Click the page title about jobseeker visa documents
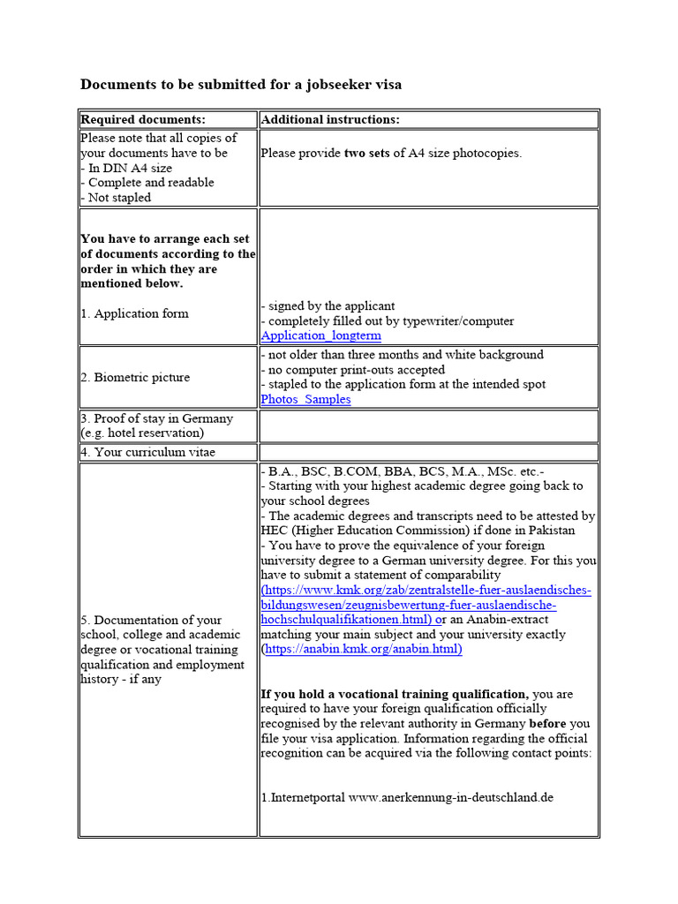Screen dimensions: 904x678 (x=241, y=85)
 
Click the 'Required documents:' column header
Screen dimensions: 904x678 (x=143, y=119)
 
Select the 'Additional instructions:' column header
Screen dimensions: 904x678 (x=330, y=119)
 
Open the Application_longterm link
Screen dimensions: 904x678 (x=321, y=335)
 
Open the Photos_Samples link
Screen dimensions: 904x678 (x=305, y=399)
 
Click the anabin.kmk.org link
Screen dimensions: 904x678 (x=363, y=649)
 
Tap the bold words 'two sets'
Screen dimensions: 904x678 (x=368, y=153)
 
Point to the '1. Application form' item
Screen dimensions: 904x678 (x=134, y=313)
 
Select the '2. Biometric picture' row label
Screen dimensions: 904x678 (x=135, y=377)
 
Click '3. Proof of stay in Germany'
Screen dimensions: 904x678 (x=157, y=418)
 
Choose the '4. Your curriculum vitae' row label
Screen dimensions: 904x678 (x=147, y=452)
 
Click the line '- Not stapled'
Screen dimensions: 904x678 (x=116, y=198)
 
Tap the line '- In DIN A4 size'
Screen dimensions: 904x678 (x=126, y=168)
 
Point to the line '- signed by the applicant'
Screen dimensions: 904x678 (x=328, y=305)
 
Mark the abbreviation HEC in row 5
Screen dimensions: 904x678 (x=275, y=530)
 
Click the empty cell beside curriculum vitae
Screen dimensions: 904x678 (x=428, y=452)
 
